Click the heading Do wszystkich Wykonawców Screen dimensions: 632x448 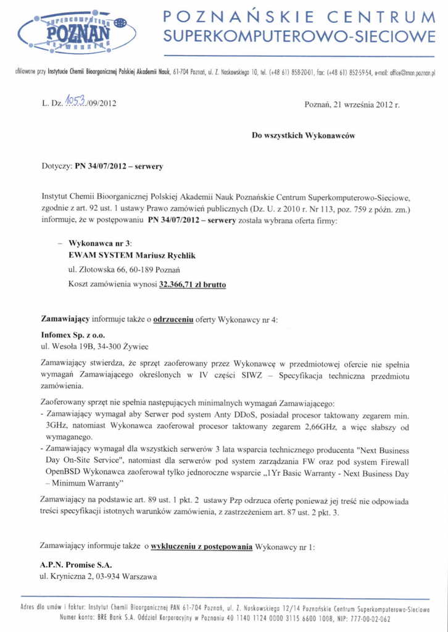[303, 135]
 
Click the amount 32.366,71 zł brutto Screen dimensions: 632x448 [192, 285]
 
